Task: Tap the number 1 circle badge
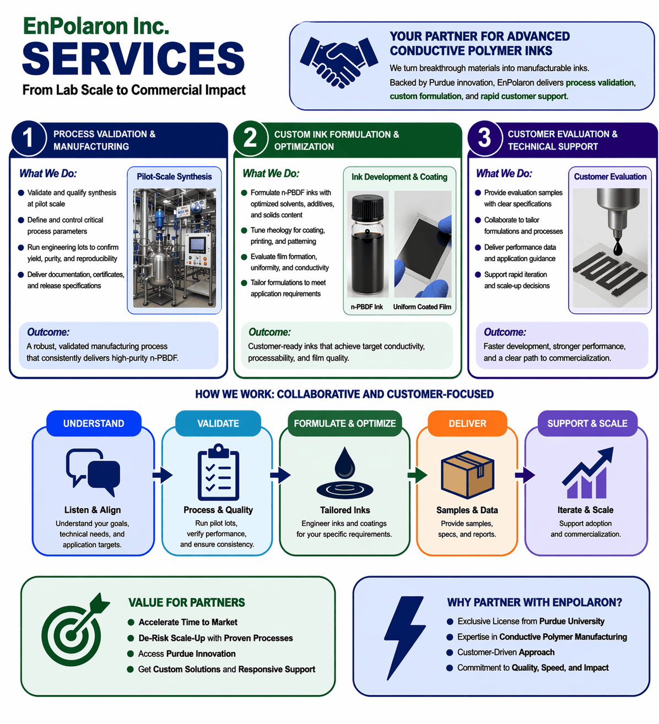pyautogui.click(x=28, y=138)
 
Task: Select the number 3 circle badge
pyautogui.click(x=484, y=138)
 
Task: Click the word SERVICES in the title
pyautogui.click(x=133, y=59)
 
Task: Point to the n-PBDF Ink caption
pyautogui.click(x=366, y=307)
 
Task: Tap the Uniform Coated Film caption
pyautogui.click(x=422, y=307)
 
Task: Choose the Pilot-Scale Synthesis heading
pyautogui.click(x=174, y=177)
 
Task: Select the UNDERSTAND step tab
pyautogui.click(x=94, y=423)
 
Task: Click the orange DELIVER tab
pyautogui.click(x=467, y=423)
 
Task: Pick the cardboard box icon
pyautogui.click(x=467, y=475)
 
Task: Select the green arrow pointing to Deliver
pyautogui.click(x=418, y=475)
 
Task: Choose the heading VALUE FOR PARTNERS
pyautogui.click(x=187, y=603)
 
